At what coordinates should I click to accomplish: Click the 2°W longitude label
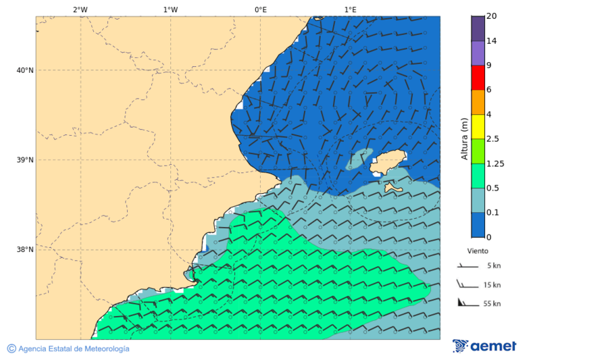pyautogui.click(x=80, y=9)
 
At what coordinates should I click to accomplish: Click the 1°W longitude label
pyautogui.click(x=170, y=9)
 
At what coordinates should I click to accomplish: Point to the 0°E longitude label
pyautogui.click(x=260, y=9)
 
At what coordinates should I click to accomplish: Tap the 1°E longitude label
pyautogui.click(x=350, y=9)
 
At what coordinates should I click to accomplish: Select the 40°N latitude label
pyautogui.click(x=25, y=70)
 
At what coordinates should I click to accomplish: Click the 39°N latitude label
pyautogui.click(x=25, y=160)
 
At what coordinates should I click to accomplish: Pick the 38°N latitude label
pyautogui.click(x=25, y=250)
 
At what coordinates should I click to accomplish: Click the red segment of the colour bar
pyautogui.click(x=478, y=78)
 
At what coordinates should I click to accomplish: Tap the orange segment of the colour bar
pyautogui.click(x=478, y=102)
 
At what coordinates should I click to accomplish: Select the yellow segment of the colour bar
pyautogui.click(x=478, y=126)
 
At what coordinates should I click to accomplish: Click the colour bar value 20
pyautogui.click(x=492, y=16)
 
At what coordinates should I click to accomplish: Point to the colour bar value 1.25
pyautogui.click(x=496, y=163)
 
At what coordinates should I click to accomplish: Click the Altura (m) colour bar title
pyautogui.click(x=464, y=139)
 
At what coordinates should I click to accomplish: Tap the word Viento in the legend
pyautogui.click(x=478, y=251)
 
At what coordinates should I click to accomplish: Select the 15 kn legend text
pyautogui.click(x=492, y=285)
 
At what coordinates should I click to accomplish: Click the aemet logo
pyautogui.click(x=484, y=346)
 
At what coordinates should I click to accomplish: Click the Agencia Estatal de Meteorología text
pyautogui.click(x=73, y=349)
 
